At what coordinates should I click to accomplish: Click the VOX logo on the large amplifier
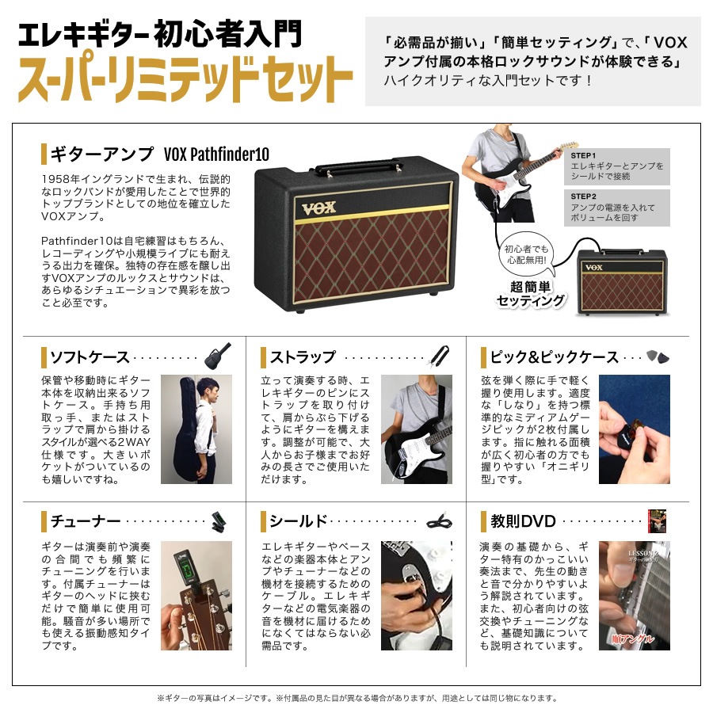coord(318,208)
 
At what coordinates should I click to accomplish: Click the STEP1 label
coord(584,156)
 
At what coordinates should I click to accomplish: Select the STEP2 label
coord(584,196)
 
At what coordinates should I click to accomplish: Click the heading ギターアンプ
coord(101,154)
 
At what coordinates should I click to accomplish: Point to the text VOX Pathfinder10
coord(216,154)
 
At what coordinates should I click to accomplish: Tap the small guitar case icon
coord(217,356)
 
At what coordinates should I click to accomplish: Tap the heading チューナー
coord(85,521)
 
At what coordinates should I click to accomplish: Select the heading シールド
coord(299,521)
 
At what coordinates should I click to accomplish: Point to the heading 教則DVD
coord(523,521)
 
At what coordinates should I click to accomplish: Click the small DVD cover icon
coord(657,520)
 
